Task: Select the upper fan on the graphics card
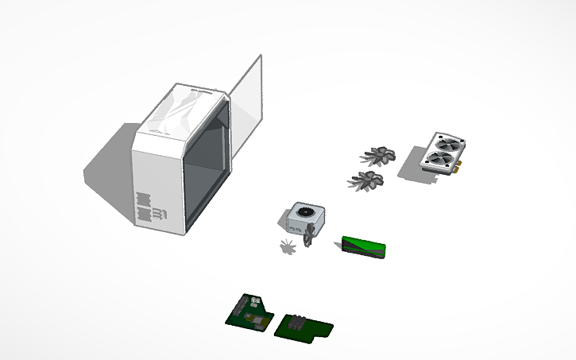click(446, 145)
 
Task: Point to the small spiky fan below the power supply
click(288, 247)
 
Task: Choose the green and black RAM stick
click(364, 248)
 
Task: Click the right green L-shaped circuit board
click(306, 328)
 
